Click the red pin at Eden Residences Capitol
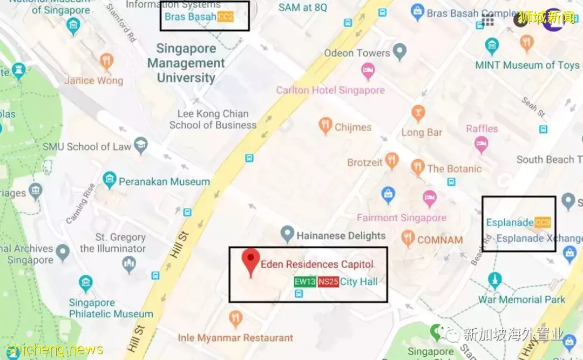[x=250, y=261]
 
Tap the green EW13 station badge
[x=304, y=282]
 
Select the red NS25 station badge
[x=328, y=282]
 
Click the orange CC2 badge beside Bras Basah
[x=226, y=17]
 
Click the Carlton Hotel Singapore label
[x=330, y=90]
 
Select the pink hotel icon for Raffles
[x=481, y=144]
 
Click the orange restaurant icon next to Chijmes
[x=325, y=126]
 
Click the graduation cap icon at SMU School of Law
[x=141, y=145]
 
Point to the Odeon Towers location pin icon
[x=399, y=53]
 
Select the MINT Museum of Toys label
[x=527, y=65]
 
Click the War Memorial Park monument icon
[x=494, y=280]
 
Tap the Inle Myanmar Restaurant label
[x=235, y=338]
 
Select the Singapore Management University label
[x=186, y=63]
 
